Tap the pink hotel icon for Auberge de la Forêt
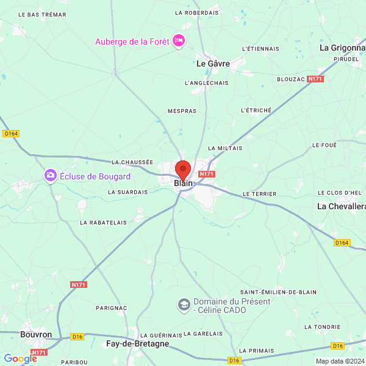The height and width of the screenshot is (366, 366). pos(179,41)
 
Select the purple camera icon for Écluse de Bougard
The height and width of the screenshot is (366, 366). pos(50,176)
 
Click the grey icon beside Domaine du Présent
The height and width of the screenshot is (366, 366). pos(183,304)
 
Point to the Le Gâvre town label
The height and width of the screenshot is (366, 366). pos(213,63)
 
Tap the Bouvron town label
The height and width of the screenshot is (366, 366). pos(36,334)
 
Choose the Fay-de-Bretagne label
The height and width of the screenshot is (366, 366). pos(137,344)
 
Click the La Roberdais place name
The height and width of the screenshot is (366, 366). pos(196,12)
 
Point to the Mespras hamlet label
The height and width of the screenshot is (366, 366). pos(182,112)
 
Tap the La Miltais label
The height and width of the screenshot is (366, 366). pos(225,148)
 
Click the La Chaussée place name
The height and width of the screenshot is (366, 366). pos(132,162)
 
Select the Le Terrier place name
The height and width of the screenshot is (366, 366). pos(259,193)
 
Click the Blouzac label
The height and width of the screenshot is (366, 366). pos(291,79)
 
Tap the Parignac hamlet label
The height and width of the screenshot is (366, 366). pos(112,308)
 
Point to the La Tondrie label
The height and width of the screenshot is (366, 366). pos(322,327)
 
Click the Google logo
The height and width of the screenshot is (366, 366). pos(20,359)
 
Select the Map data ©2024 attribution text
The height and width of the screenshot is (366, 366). pos(340,361)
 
